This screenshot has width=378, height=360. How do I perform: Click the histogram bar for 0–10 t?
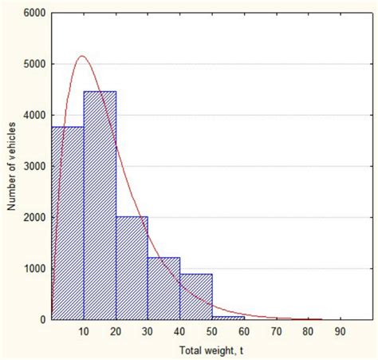[x=68, y=224]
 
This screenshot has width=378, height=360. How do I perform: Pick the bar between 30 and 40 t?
[x=163, y=288]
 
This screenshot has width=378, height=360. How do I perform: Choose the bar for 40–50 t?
[x=195, y=296]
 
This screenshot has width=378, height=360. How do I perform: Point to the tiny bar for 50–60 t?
[x=227, y=317]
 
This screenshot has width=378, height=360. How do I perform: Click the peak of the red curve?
[x=82, y=56]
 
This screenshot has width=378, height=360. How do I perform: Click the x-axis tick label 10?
[x=84, y=330]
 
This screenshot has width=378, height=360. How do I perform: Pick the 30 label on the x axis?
[x=148, y=330]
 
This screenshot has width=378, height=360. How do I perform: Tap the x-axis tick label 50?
[x=211, y=330]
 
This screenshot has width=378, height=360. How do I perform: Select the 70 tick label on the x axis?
[x=275, y=330]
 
